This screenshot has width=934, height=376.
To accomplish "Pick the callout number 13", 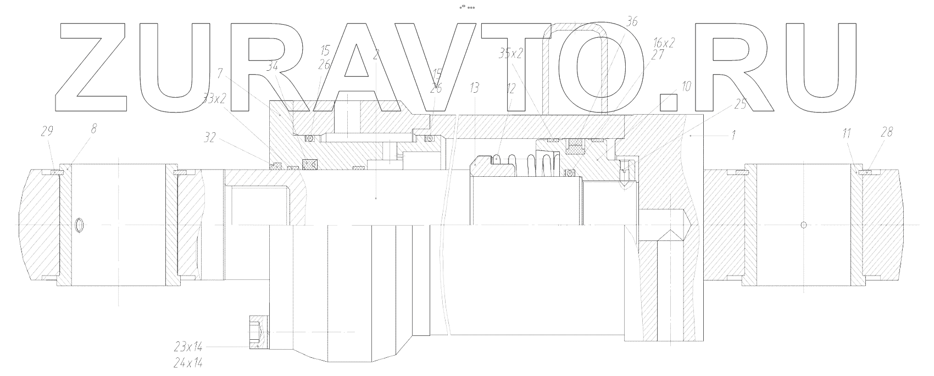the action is pyautogui.click(x=475, y=87).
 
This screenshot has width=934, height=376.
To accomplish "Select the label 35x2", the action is pyautogui.click(x=510, y=53).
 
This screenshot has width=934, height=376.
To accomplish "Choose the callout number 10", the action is pyautogui.click(x=686, y=86).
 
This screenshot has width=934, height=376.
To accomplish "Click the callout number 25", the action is pyautogui.click(x=740, y=105).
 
